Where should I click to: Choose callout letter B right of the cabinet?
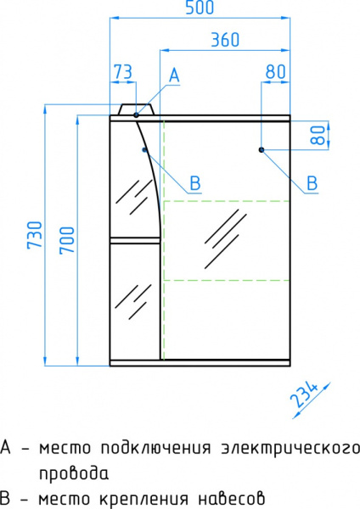point(311,182)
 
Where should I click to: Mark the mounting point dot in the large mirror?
point(261,150)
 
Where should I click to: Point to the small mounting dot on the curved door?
point(145,150)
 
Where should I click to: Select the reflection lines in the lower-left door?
point(131,300)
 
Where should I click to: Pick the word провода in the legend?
point(73,473)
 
